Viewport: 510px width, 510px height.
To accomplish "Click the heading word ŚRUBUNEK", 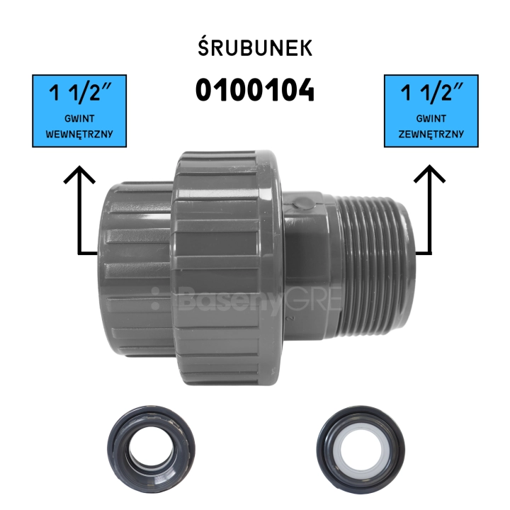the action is (255, 48).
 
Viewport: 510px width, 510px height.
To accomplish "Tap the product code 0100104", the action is (255, 90).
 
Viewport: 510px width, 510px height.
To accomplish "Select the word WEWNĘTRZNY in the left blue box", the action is (79, 134).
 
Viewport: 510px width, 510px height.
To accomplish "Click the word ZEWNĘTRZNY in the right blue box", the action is (431, 134).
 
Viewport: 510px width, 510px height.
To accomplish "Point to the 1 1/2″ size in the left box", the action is (80, 92).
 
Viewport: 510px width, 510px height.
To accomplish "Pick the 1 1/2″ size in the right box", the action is (431, 92).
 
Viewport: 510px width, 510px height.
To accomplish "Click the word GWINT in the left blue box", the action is (79, 118).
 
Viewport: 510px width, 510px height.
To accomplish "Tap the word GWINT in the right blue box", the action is (431, 118).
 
